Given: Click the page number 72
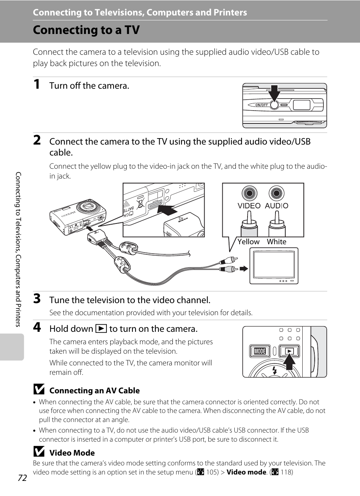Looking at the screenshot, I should pos(22,478).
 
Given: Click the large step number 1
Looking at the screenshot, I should pos(37,84).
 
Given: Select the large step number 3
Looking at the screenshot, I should pos(37,299).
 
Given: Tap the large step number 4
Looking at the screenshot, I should pos(37,327).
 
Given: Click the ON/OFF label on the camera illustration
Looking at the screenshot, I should pos(262,105).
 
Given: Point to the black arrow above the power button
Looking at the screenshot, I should pos(274,93).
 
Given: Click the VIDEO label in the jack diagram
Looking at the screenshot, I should pos(249,206).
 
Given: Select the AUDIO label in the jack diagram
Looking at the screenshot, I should pos(277,206).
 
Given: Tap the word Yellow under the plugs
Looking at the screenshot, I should pos(248,242).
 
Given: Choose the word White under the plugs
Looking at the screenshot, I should pos(277,242).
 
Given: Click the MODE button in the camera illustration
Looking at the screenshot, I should pos(260,351).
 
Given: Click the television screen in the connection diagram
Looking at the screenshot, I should pos(274,265).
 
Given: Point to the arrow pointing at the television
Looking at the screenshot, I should pos(244,269).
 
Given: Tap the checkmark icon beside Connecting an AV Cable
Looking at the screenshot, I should pos(39,389).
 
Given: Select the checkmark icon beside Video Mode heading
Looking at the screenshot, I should pos(39,451).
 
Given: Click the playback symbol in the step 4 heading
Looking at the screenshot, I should pos(101,329).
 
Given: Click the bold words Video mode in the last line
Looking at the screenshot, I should pos(246,472).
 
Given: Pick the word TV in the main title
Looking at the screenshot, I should pos(132,30).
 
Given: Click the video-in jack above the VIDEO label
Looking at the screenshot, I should pos(249,193).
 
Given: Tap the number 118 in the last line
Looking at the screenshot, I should pos(286,472).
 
